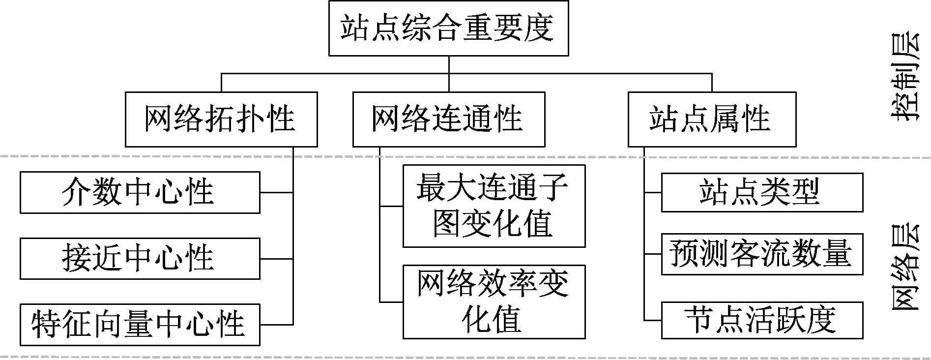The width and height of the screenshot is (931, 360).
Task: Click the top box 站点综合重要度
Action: click(x=448, y=28)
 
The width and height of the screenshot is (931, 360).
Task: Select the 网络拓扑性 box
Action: click(x=221, y=119)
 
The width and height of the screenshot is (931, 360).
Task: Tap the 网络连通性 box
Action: click(x=448, y=119)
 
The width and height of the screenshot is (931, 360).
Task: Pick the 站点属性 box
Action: click(x=712, y=119)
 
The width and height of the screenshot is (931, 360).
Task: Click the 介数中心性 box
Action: click(x=140, y=192)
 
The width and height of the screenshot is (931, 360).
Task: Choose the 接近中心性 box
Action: click(x=140, y=258)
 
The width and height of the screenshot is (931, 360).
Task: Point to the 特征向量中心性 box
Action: click(x=140, y=325)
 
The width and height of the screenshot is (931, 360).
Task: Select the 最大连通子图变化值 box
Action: click(x=494, y=206)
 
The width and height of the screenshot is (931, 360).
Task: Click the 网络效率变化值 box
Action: click(x=494, y=301)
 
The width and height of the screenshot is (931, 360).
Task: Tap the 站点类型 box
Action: click(x=761, y=192)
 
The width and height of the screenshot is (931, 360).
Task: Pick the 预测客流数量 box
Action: click(x=761, y=254)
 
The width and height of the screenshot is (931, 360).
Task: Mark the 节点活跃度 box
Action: click(x=761, y=320)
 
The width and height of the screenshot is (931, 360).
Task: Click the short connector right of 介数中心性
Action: click(x=276, y=192)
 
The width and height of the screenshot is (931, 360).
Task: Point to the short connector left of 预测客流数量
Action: click(x=653, y=254)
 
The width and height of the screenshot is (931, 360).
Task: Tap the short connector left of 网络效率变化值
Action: click(x=391, y=301)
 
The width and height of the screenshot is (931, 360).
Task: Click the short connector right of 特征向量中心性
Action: click(x=276, y=325)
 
